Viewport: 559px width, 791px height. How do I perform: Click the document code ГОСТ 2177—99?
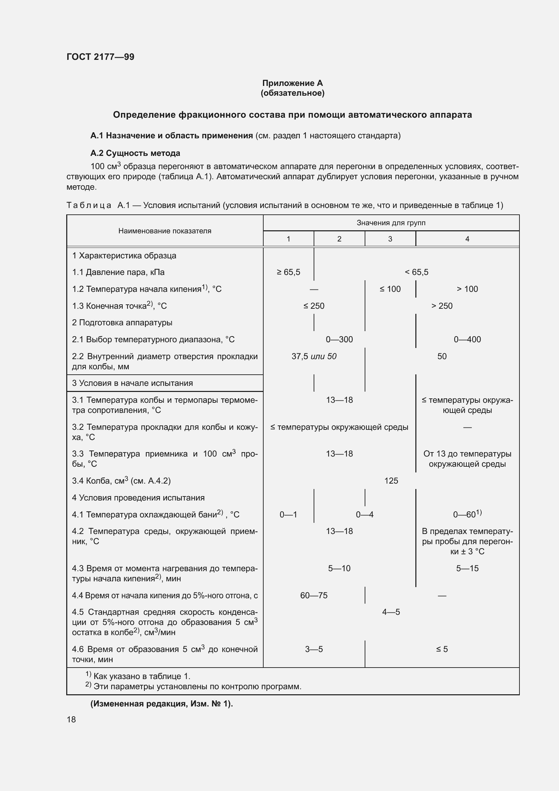pos(100,57)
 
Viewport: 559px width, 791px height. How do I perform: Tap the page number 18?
pos(71,719)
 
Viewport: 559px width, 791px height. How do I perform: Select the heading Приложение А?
pos(292,83)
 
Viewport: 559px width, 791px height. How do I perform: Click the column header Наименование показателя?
pos(165,231)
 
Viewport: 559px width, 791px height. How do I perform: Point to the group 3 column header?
pos(390,239)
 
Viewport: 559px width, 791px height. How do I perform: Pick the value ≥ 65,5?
pos(288,272)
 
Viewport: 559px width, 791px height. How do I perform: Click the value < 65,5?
pos(416,272)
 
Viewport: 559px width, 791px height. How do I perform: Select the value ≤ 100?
pos(390,289)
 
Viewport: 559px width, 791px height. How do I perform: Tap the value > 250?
pos(442,306)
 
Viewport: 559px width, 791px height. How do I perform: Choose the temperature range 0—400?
pos(467,339)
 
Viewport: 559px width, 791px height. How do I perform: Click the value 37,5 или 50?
pos(314,356)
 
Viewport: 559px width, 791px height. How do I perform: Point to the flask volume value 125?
pos(391,481)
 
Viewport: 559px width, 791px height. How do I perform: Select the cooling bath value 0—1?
pos(288,514)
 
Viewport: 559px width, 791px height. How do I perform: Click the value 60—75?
pos(314,595)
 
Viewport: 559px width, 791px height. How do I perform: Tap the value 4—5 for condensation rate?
pos(391,612)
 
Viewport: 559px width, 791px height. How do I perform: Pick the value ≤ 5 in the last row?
pos(442,649)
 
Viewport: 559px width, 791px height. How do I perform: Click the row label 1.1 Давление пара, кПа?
pos(118,272)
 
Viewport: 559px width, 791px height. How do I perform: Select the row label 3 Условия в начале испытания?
pos(132,383)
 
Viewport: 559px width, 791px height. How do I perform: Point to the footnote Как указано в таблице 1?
pos(142,676)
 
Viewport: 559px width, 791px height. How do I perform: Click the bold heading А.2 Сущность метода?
pos(135,153)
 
